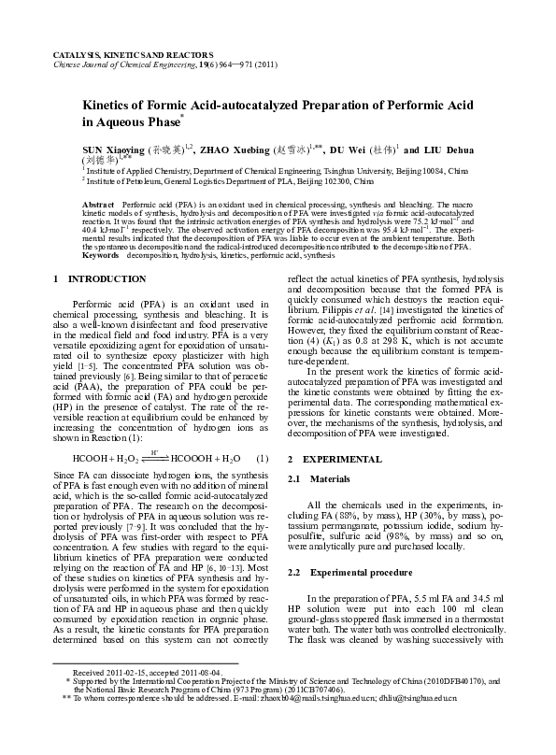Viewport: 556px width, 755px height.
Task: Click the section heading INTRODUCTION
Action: [x=94, y=278]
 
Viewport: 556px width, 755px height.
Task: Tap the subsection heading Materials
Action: [x=331, y=478]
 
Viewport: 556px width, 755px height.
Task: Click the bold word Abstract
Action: [x=98, y=204]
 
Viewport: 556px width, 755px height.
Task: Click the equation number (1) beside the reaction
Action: [x=263, y=459]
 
